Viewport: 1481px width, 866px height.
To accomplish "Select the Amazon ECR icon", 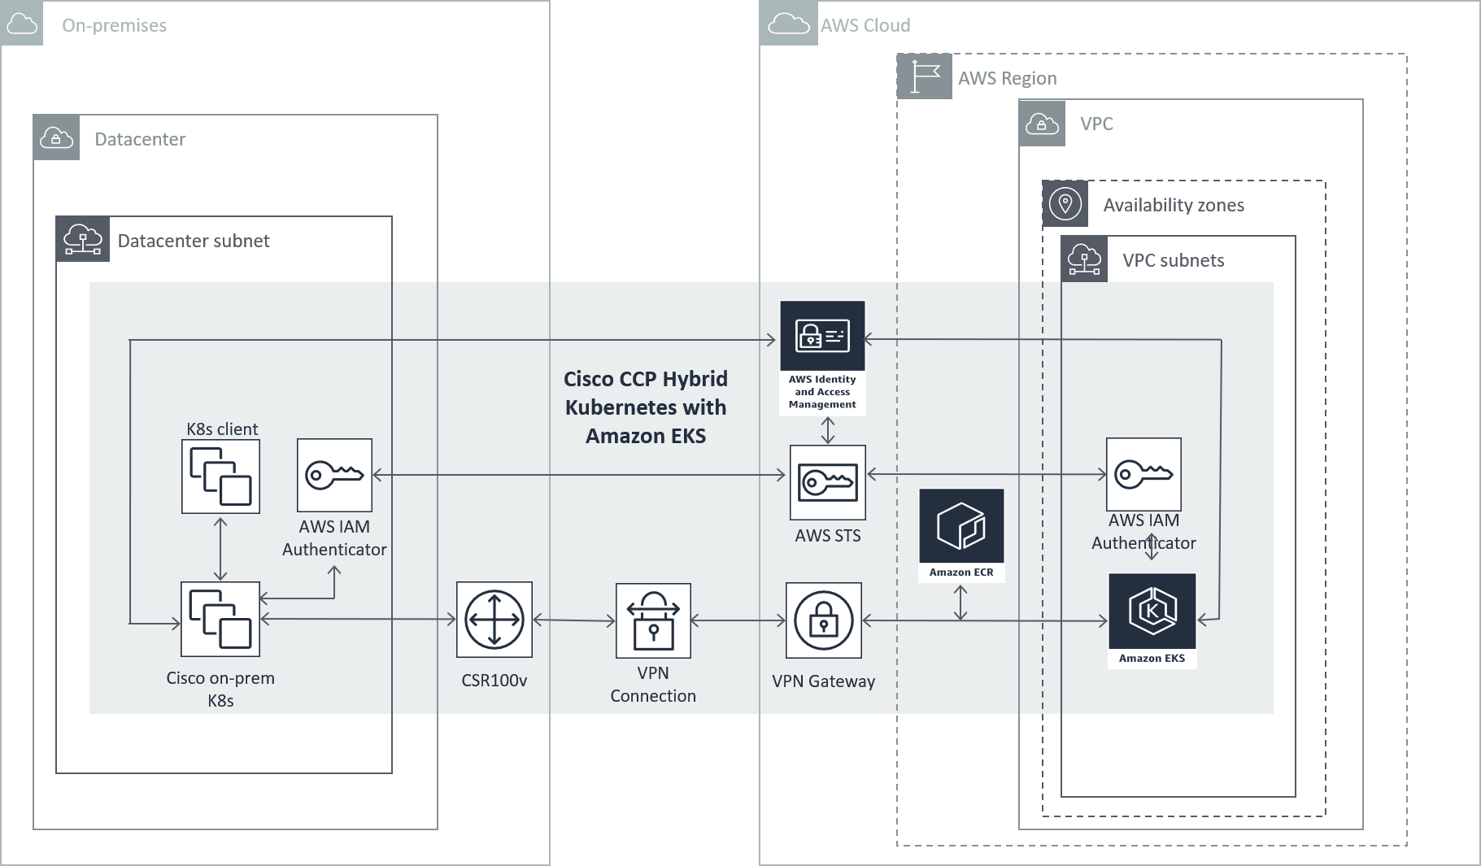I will (x=961, y=527).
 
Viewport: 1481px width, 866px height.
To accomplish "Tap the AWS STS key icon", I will (x=828, y=482).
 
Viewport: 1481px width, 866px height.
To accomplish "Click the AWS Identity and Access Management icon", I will (x=822, y=337).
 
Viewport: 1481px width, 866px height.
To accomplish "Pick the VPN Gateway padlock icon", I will (x=823, y=620).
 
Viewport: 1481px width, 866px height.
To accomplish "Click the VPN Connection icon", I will (x=653, y=620).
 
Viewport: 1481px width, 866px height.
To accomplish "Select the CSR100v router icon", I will (x=494, y=620).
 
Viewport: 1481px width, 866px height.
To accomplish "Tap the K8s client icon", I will (x=220, y=477).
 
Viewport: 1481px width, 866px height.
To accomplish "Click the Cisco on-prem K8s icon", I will (x=220, y=619).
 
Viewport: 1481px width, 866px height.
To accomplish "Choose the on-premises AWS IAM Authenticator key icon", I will (x=334, y=475).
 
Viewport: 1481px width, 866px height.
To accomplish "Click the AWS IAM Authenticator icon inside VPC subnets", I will (x=1143, y=474).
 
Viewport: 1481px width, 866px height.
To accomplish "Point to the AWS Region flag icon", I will (x=925, y=77).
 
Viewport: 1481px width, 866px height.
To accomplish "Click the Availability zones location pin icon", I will (x=1065, y=203).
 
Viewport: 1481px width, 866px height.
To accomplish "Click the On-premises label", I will (x=114, y=25).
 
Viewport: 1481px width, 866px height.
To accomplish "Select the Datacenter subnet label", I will (x=194, y=241).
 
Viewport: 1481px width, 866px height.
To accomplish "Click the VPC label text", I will (x=1096, y=124).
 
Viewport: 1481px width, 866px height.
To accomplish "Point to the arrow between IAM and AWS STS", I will (x=828, y=430).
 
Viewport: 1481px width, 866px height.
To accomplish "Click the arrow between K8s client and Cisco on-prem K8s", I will (x=220, y=547).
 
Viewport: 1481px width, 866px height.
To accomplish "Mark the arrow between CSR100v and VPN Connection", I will (x=574, y=620).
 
